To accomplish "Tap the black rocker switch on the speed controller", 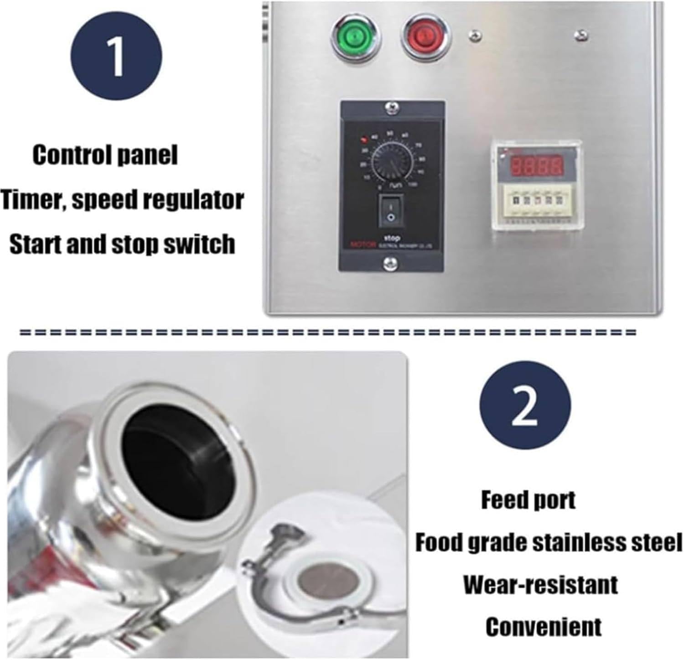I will point(390,211).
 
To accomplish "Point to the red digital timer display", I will point(536,166).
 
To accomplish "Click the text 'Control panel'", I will point(105,155).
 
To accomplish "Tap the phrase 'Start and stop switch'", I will point(122,244).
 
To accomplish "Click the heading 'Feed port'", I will point(528,500).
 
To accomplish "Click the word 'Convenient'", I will point(543,627).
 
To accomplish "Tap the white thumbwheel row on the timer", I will point(533,200).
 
